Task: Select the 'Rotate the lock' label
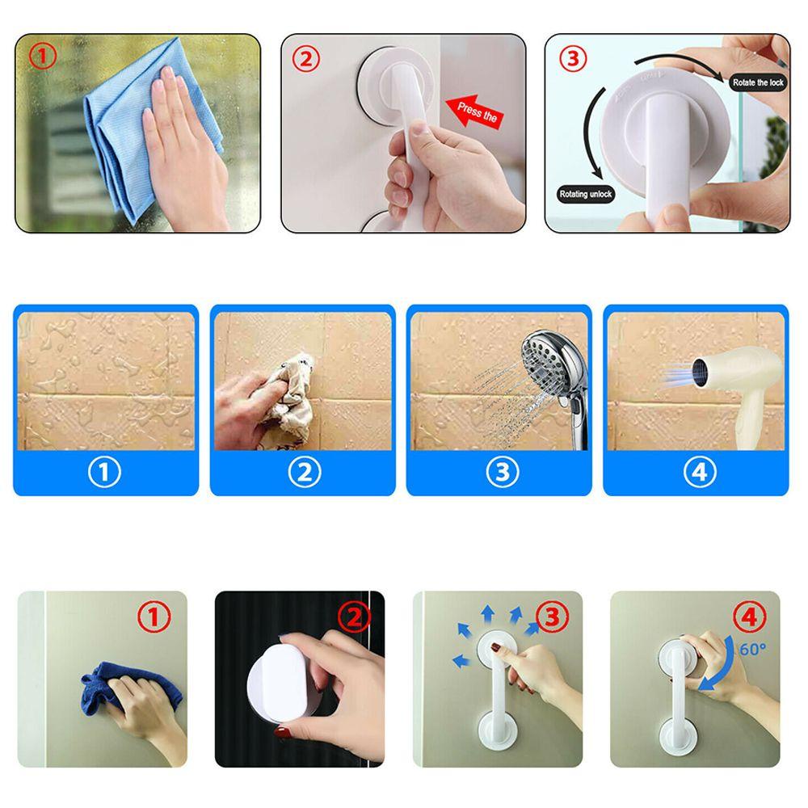(756, 82)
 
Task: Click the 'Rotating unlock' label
(587, 194)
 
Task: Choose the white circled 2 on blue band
(303, 471)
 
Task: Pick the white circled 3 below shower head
(501, 471)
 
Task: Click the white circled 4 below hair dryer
(699, 471)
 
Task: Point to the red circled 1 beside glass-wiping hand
(42, 57)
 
